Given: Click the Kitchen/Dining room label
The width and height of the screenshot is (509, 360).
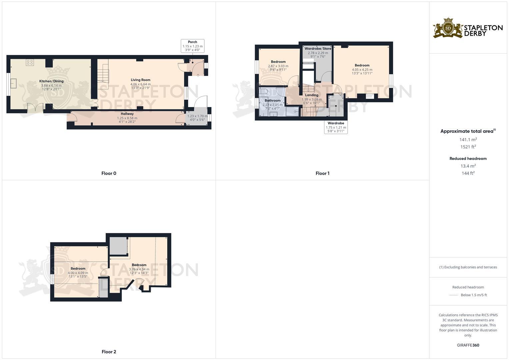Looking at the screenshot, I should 51,81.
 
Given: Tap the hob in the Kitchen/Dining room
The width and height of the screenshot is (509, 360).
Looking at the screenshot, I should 30,62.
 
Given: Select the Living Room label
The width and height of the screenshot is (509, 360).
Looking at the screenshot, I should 140,80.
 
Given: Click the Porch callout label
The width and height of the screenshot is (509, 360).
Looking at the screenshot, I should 192,42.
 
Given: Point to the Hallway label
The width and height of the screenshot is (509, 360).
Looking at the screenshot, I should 127,114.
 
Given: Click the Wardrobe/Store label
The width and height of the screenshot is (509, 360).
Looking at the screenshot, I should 318,49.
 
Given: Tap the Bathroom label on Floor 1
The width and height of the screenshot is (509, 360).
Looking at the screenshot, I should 272,100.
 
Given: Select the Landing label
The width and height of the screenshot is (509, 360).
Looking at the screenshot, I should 312,95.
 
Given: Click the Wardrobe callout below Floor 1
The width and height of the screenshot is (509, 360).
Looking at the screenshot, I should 336,123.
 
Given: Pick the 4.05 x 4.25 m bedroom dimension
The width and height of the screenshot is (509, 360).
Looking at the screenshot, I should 362,70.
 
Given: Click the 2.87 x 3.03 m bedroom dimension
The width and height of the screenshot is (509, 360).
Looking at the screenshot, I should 278,66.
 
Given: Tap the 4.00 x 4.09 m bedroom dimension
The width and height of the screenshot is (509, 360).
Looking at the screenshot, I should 78,273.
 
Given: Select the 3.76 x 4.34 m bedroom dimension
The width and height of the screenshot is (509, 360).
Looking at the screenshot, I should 139,269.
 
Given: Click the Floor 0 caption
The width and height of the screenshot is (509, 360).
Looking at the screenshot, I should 109,173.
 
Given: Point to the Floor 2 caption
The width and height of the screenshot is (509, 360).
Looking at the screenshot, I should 109,352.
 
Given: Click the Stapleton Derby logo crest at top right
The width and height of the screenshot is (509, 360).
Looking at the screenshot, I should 448,28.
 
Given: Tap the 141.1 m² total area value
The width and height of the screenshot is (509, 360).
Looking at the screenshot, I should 468,140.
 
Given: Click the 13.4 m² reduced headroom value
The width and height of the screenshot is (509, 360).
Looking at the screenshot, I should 468,166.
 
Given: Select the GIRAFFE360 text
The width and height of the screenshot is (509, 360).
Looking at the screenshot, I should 468,345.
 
